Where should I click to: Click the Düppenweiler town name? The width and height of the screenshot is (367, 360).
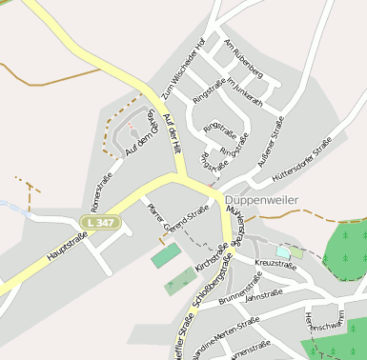pos(262,200)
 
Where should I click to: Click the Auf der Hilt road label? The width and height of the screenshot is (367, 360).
pos(173,130)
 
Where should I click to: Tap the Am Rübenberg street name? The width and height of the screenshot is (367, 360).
pos(241,58)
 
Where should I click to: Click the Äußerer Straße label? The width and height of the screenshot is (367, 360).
pos(272,140)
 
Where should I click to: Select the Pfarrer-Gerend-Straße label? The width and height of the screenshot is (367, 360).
pos(177,220)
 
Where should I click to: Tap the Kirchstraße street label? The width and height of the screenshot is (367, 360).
pos(211,255)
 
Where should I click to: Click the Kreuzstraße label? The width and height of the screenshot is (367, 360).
pos(275,263)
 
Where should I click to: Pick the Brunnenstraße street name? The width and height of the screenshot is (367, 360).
pos(240,287)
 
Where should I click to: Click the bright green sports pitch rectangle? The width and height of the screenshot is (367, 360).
pos(165,255)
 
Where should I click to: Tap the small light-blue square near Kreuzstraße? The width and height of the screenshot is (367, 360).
pos(283,251)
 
